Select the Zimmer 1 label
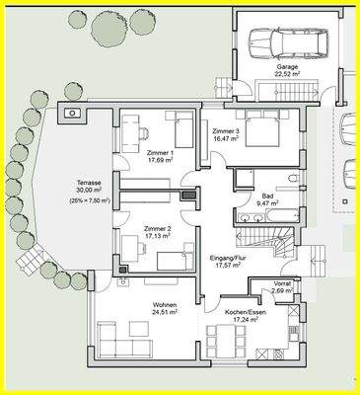tap(160, 153)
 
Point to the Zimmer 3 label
tap(225, 132)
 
